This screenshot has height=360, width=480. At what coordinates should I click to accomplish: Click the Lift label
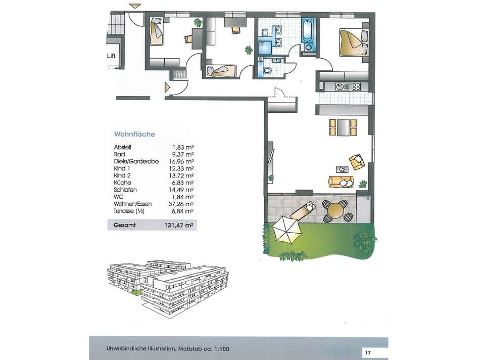tap(111, 56)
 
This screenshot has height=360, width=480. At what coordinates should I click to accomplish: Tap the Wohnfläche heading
tap(134, 134)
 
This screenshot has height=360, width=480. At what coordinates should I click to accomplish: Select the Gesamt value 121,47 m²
tap(179, 225)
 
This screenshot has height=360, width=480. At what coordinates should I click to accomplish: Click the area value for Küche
tap(183, 183)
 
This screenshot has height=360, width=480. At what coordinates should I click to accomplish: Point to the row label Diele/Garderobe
tap(136, 161)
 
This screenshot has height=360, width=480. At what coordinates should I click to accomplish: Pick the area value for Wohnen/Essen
tap(181, 204)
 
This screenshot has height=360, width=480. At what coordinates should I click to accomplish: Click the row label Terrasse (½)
tap(129, 211)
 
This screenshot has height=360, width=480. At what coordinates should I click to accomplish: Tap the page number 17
tap(368, 352)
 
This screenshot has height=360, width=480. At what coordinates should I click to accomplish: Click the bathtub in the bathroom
tap(307, 31)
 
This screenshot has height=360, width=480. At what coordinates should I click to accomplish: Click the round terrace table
tap(335, 211)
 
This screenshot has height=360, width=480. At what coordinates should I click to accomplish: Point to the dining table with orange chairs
tap(343, 127)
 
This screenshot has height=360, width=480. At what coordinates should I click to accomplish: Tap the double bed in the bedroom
tap(354, 42)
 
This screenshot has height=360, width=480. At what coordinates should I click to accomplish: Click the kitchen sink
tap(342, 86)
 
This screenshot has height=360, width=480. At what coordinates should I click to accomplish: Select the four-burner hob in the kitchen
tap(356, 86)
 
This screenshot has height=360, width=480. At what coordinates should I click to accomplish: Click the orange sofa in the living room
tap(341, 182)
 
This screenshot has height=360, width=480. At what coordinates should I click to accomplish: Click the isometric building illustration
tap(168, 289)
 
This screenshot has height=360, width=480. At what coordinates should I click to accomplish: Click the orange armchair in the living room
tap(357, 161)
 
